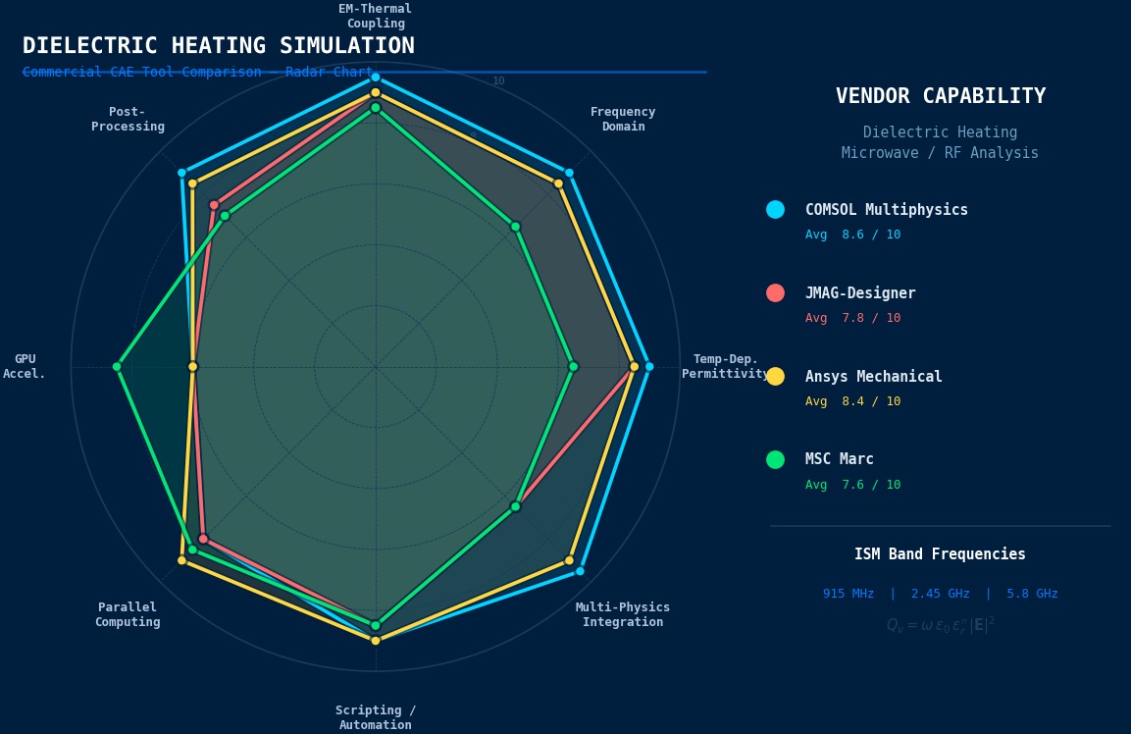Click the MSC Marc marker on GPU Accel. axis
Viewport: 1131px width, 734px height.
click(x=117, y=367)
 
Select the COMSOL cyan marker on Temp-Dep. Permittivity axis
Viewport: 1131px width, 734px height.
click(x=648, y=367)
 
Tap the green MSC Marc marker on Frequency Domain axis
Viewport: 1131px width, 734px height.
click(x=515, y=227)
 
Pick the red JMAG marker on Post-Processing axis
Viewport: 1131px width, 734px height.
click(x=214, y=205)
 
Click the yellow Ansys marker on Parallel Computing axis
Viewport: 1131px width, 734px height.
click(x=181, y=560)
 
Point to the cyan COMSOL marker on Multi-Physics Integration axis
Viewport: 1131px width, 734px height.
click(x=580, y=571)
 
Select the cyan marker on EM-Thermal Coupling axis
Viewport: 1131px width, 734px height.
click(x=375, y=78)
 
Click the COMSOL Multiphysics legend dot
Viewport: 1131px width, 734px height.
click(x=775, y=210)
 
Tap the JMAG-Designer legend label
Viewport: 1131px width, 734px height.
click(x=860, y=293)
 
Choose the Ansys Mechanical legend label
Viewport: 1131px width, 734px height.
click(x=873, y=377)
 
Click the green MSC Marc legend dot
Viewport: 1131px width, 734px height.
click(x=775, y=459)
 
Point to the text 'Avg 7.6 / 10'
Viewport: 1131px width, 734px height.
click(x=852, y=485)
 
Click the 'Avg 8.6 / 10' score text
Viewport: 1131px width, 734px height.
click(x=852, y=236)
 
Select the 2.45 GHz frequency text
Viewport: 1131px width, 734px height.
click(x=940, y=594)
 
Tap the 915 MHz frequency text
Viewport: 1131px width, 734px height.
click(x=848, y=594)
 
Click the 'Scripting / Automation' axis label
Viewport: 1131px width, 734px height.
click(x=376, y=717)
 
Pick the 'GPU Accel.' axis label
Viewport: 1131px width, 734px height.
click(x=25, y=367)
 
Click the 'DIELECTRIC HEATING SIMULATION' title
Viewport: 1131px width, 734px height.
click(x=218, y=46)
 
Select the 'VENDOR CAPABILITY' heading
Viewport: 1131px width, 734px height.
click(x=940, y=96)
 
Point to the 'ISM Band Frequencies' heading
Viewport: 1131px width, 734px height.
click(x=940, y=554)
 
